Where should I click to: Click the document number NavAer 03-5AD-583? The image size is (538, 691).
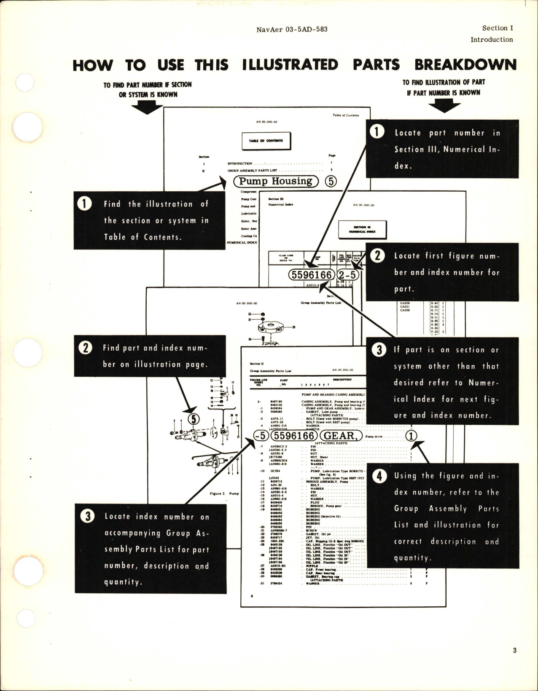[x=291, y=29]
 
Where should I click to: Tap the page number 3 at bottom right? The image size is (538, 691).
[x=515, y=662]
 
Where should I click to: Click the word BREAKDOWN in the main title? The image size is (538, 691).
[x=465, y=65]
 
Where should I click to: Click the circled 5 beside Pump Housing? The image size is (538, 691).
[x=331, y=182]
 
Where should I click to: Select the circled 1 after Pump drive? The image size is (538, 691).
[x=412, y=436]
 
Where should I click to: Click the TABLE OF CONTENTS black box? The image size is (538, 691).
[x=266, y=141]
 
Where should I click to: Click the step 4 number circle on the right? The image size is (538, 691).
[x=380, y=476]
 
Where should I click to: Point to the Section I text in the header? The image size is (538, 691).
[x=498, y=28]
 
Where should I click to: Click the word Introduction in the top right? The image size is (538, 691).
[x=492, y=40]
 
